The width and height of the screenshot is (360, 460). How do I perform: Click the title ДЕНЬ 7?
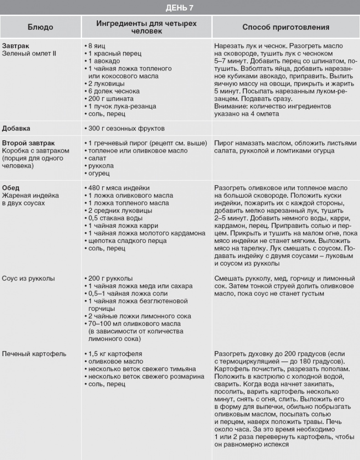(180, 7)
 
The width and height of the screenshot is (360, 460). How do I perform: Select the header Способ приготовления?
(286, 27)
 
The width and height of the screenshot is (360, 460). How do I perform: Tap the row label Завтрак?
(15, 46)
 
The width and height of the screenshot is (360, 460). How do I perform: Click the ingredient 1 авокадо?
(103, 61)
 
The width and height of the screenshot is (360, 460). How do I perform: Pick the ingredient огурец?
(100, 173)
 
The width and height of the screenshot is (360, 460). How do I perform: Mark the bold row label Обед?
(11, 188)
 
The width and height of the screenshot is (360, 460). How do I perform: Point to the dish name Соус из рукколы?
(28, 278)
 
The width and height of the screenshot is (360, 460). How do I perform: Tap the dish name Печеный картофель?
(34, 354)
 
